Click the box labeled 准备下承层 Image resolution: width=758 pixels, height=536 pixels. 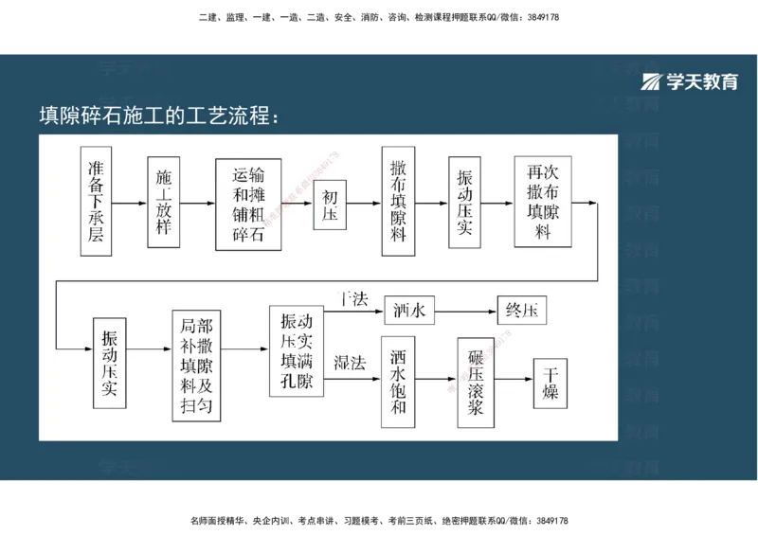(96, 202)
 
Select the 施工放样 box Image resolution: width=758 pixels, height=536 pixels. (164, 202)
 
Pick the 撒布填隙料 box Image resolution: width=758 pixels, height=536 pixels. (398, 202)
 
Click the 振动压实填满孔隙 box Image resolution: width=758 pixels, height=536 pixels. (296, 350)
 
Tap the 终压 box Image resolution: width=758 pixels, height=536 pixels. (522, 310)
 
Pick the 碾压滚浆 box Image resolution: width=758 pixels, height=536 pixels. (477, 380)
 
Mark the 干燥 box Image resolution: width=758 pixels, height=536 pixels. (550, 383)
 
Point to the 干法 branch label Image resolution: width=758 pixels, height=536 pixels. (353, 300)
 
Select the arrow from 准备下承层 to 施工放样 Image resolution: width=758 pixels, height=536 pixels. (130, 203)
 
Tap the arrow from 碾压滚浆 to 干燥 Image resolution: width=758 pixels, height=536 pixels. (515, 380)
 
